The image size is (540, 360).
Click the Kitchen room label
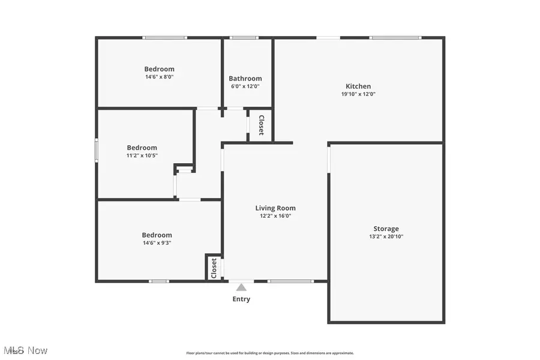point(358,86)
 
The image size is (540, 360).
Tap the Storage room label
point(386,229)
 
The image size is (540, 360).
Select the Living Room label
point(275,208)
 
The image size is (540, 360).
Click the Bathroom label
point(245,79)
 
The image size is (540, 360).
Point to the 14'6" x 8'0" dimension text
point(159,77)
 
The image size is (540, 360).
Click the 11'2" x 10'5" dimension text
point(142,156)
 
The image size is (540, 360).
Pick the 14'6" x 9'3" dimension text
point(157,243)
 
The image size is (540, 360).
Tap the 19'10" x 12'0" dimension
point(358,94)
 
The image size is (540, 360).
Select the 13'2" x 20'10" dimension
point(386,236)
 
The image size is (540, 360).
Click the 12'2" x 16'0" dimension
point(275,216)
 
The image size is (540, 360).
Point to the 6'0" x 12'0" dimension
point(245,86)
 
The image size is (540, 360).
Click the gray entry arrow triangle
point(241,287)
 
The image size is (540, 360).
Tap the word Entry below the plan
point(241,299)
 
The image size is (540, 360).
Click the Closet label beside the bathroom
point(261,125)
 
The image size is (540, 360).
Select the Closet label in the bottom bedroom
point(214,268)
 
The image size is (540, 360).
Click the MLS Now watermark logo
point(25,350)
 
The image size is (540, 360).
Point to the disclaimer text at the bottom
point(270,353)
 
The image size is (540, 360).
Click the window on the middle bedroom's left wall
point(97,150)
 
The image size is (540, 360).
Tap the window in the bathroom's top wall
point(244,38)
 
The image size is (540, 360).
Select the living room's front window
point(290,281)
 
